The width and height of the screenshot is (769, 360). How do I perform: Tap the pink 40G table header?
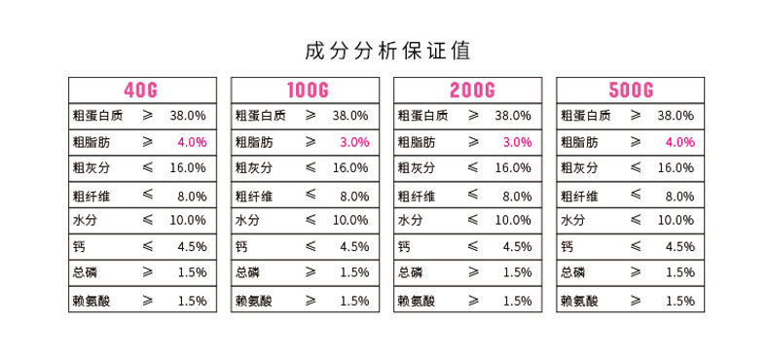tap(140, 90)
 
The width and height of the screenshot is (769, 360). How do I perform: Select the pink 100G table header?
tap(308, 90)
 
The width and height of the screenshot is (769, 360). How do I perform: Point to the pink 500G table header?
tap(631, 90)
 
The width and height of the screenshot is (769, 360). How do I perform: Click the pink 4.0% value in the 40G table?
tap(192, 142)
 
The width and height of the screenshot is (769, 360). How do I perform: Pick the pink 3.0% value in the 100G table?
tap(354, 142)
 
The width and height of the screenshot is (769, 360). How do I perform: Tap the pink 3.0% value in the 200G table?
tap(517, 142)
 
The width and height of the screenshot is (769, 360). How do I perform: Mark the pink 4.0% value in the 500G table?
tap(679, 142)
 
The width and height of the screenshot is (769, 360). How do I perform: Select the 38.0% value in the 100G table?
tap(350, 115)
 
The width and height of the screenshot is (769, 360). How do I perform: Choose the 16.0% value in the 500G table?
tap(676, 168)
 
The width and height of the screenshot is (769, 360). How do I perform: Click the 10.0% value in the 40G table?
tap(188, 221)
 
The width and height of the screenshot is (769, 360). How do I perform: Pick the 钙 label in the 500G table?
tap(567, 247)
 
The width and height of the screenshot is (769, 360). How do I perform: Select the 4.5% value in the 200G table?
tap(517, 247)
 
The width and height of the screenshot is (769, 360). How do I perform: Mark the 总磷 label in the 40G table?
tap(85, 273)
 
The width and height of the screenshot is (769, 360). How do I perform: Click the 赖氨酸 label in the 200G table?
tap(417, 301)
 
